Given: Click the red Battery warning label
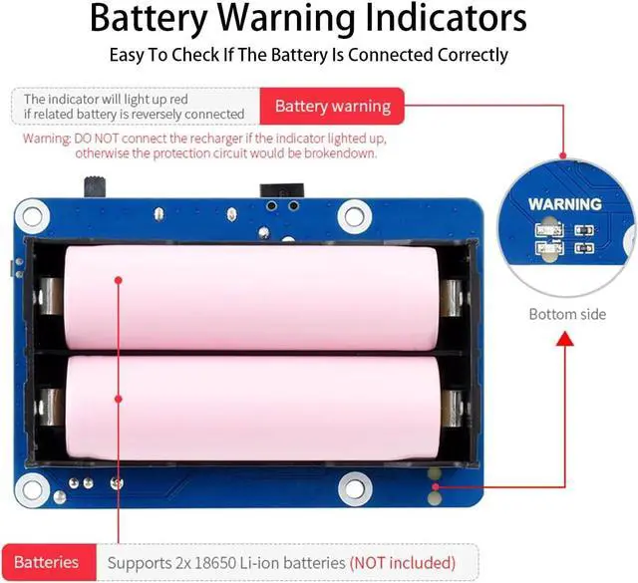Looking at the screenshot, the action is [332, 106].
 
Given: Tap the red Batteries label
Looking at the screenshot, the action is [47, 562].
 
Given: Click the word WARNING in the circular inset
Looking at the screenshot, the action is [564, 204].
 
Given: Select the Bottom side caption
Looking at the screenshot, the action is [567, 314].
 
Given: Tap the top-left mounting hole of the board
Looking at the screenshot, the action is [31, 213].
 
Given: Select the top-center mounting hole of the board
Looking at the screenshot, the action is [352, 213].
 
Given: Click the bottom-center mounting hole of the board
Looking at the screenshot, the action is [352, 488].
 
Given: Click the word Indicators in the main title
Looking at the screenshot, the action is [416, 19].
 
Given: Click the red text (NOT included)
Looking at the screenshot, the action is [402, 562].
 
